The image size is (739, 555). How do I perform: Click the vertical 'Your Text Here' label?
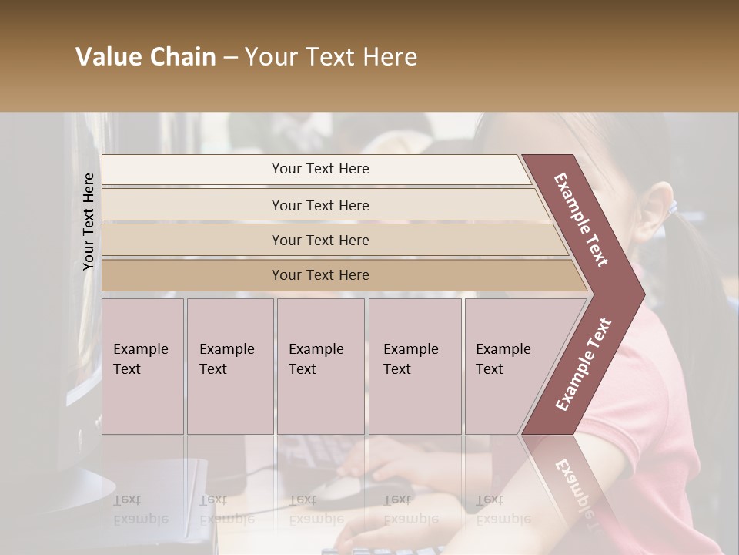[x=89, y=221]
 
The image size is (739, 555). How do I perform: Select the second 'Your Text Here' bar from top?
[x=319, y=205]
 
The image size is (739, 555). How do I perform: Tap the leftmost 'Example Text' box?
[x=142, y=366]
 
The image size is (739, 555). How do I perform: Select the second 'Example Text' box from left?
[x=230, y=366]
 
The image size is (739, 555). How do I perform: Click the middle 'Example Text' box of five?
[x=320, y=366]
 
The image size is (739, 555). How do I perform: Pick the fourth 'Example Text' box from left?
[x=415, y=366]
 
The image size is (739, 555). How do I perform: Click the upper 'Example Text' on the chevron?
[x=581, y=220]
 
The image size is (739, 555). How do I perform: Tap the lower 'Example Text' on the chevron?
[x=584, y=364]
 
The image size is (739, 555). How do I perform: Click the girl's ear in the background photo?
[x=658, y=212]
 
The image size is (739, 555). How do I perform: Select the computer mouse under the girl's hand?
[x=339, y=486]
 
